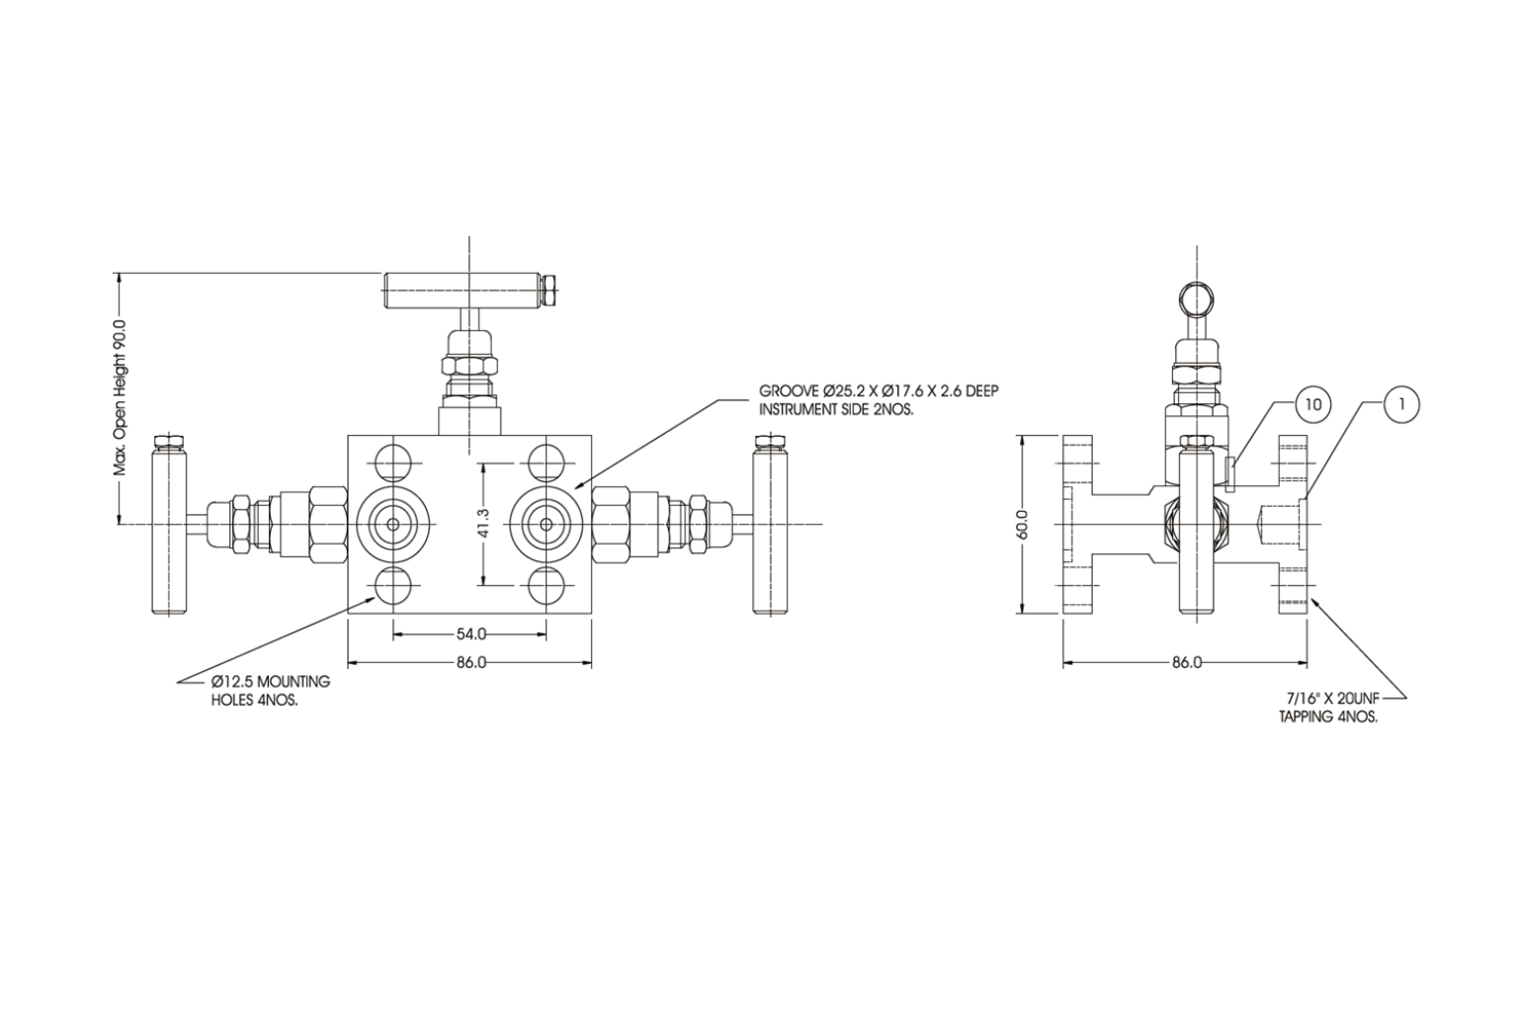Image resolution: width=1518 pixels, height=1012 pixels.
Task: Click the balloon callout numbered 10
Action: (1312, 404)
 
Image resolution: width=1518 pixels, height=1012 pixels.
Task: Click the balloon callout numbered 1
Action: (1401, 404)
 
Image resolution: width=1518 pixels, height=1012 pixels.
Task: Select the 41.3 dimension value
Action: (482, 524)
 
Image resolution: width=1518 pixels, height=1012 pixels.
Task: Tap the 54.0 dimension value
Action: (470, 633)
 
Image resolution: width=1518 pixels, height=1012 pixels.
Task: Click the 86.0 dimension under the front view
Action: (470, 662)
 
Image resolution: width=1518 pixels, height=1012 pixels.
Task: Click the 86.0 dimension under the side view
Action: (1186, 662)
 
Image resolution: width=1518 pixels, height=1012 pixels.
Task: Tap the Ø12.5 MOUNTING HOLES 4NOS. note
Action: (270, 690)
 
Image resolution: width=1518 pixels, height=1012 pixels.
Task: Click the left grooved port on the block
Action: (393, 524)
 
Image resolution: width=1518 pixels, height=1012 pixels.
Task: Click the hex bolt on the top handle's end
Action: (550, 288)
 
